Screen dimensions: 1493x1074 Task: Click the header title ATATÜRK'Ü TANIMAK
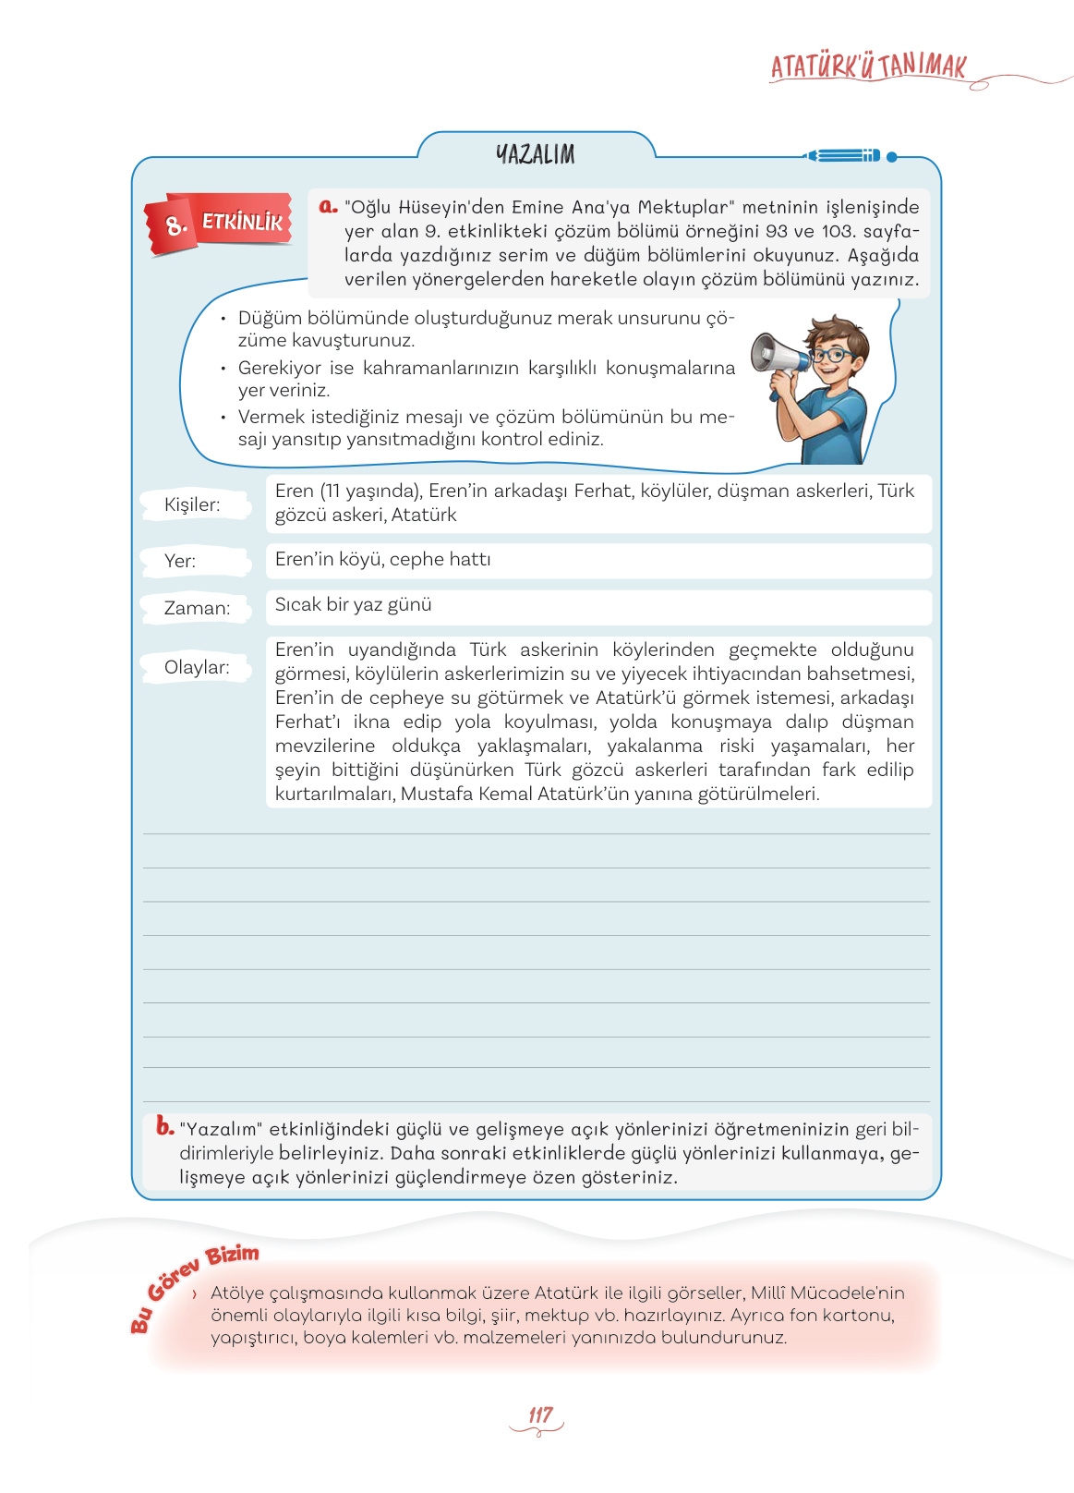(x=868, y=67)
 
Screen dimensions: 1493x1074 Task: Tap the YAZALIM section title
(x=536, y=154)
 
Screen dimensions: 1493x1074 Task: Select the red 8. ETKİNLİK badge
(x=220, y=223)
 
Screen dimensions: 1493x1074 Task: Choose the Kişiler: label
(x=192, y=504)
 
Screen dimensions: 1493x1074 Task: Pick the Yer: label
(x=180, y=561)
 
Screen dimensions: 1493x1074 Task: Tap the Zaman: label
(x=197, y=608)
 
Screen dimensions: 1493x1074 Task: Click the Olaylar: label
(x=197, y=667)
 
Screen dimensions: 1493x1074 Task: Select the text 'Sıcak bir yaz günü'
(x=354, y=605)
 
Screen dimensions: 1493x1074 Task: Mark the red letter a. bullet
(x=328, y=207)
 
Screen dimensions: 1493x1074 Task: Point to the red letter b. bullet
(x=165, y=1126)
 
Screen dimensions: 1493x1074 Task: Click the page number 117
(x=540, y=1415)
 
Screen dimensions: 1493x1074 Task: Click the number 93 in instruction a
(x=778, y=231)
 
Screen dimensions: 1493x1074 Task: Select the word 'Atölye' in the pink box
(x=237, y=1293)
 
